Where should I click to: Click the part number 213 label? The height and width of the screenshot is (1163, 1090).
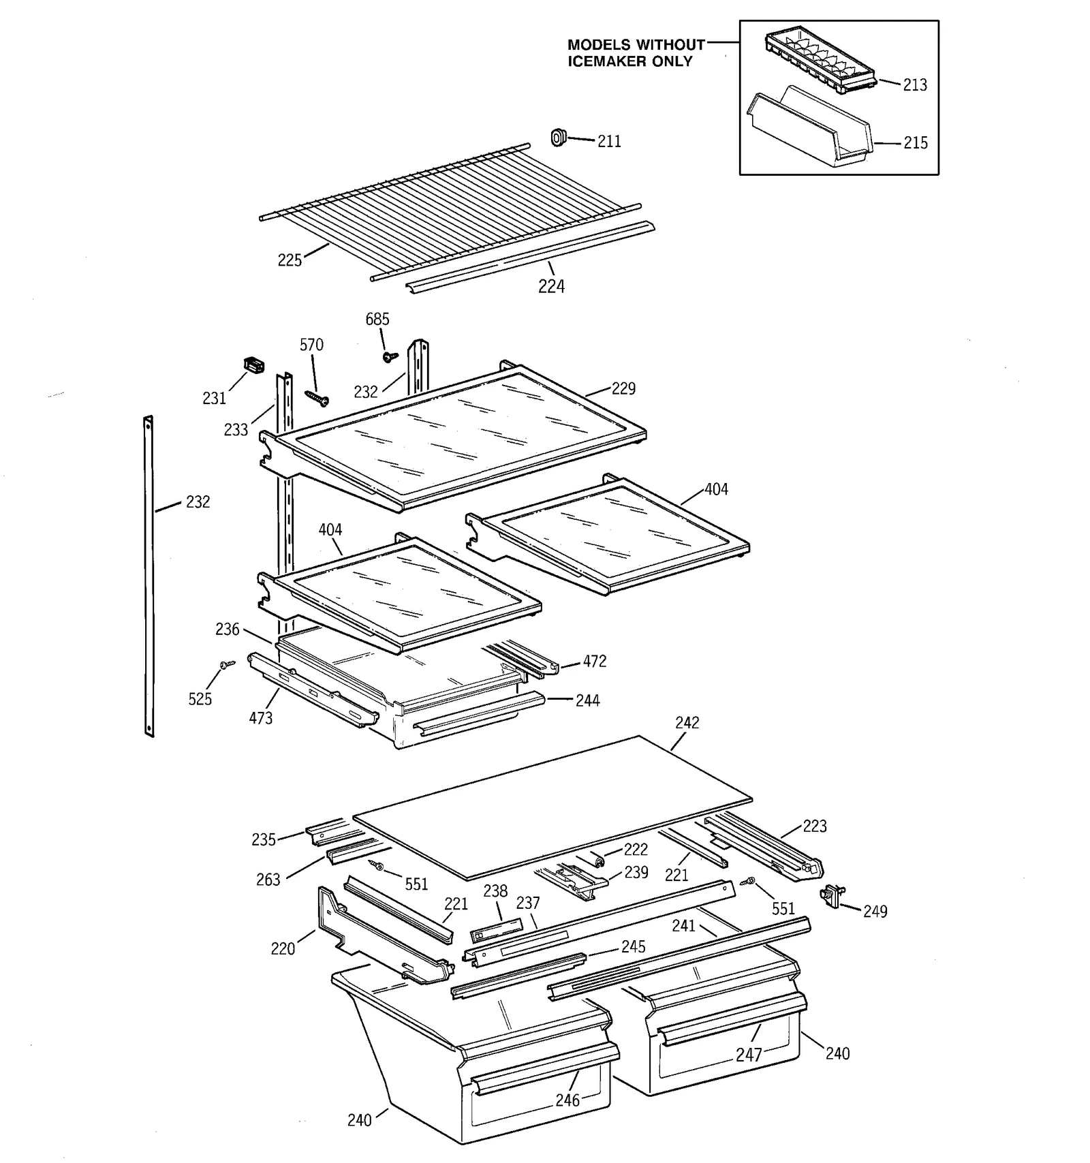click(915, 85)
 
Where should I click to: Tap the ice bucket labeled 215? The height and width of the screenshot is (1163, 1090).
click(811, 129)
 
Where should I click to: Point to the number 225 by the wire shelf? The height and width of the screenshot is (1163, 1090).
click(290, 260)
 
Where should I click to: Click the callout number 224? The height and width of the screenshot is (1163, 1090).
click(551, 287)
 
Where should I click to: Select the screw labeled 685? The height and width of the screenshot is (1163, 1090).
click(390, 356)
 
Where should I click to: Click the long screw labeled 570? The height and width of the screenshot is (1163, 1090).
click(317, 397)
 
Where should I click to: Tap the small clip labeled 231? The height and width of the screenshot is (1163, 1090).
click(254, 365)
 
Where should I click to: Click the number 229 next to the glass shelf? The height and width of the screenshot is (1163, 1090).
click(623, 388)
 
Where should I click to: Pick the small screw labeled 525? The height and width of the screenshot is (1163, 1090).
click(227, 664)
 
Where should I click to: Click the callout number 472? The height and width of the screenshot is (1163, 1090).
click(594, 662)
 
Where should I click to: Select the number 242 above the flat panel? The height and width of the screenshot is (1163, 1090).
click(687, 723)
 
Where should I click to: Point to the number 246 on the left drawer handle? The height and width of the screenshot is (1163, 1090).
click(567, 1100)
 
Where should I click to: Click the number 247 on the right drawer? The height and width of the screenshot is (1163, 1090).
click(749, 1055)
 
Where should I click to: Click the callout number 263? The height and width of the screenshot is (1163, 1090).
click(268, 880)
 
